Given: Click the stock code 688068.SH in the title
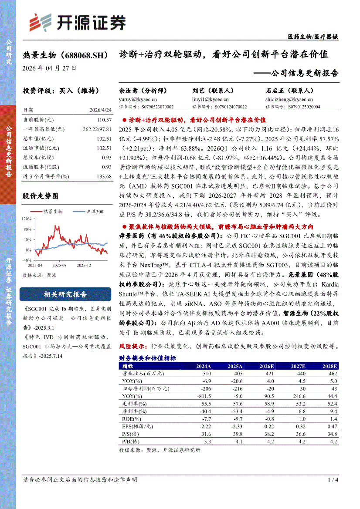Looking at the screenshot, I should point(85,56).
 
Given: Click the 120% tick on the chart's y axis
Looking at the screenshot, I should point(27,219).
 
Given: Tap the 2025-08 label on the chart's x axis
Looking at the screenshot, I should point(59,265).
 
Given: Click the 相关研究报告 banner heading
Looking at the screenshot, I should point(65,294).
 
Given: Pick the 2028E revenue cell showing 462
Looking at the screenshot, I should point(333,373).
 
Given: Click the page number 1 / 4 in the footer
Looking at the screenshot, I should point(333,480).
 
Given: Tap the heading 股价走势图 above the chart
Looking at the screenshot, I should point(41,196).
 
